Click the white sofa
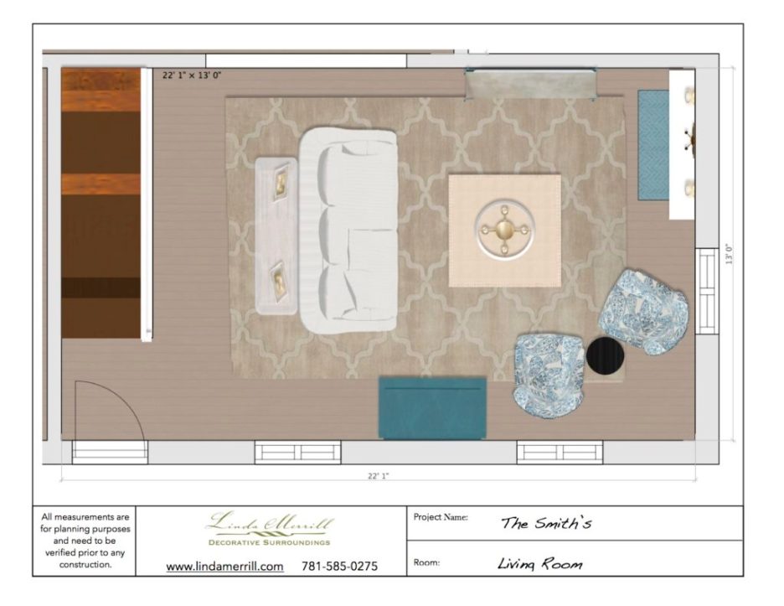(348, 230)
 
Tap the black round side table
(605, 355)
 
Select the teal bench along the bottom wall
(432, 408)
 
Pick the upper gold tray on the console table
(280, 184)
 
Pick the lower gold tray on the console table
(279, 282)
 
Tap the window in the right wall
(707, 291)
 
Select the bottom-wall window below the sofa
(298, 453)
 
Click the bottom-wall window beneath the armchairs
(560, 453)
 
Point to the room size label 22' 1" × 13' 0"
(192, 75)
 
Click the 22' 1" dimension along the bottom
(378, 476)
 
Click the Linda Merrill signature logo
(270, 522)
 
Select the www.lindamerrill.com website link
(225, 567)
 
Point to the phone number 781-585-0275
(339, 567)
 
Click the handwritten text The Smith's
(546, 523)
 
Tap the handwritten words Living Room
(540, 564)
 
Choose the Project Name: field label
(441, 517)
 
